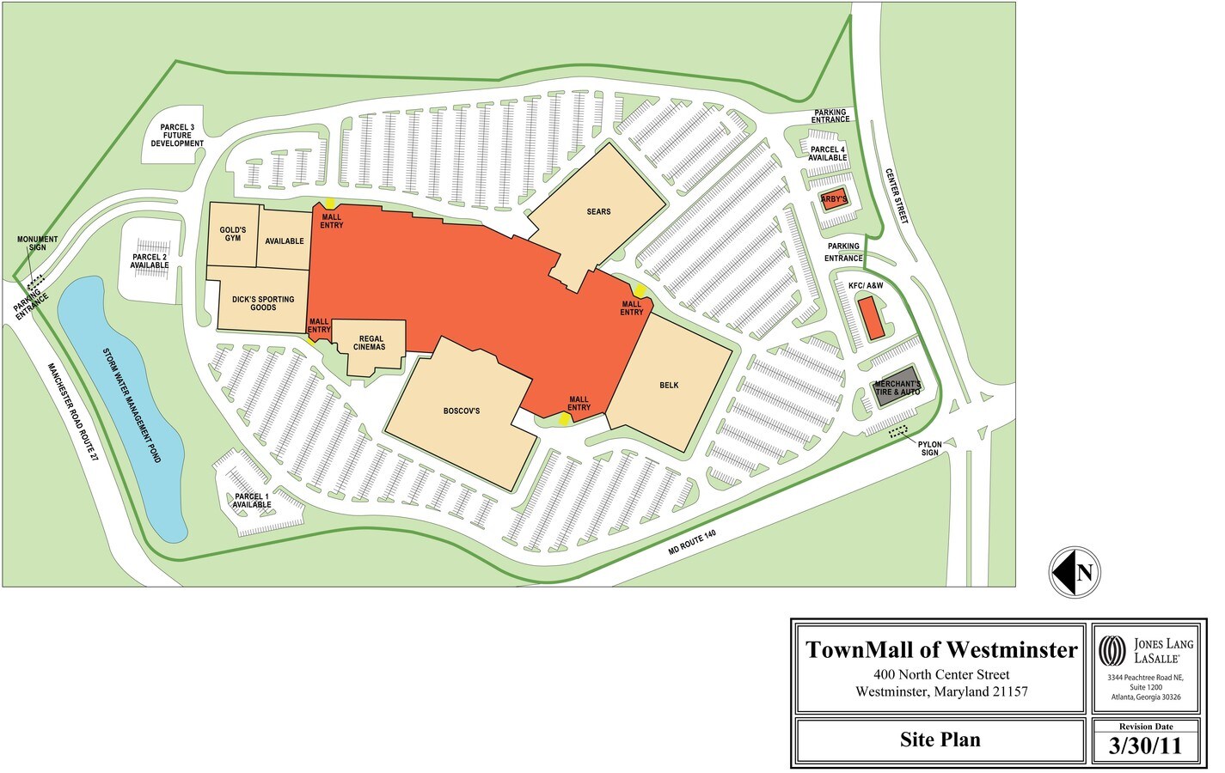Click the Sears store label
pos(598,211)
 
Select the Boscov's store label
pos(462,411)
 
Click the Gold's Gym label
pos(233,234)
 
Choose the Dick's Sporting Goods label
pos(263,303)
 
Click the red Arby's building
pos(834,200)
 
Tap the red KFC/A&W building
pos(872,318)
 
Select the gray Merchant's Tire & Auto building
pos(897,387)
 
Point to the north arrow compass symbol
pos(1075,572)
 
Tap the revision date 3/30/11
pos(1147,746)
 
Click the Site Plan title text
pos(940,740)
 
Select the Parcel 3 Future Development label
pos(177,136)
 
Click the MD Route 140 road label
pos(692,542)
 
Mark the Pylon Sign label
pos(930,448)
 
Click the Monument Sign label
pos(38,244)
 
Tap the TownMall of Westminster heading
pos(941,650)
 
